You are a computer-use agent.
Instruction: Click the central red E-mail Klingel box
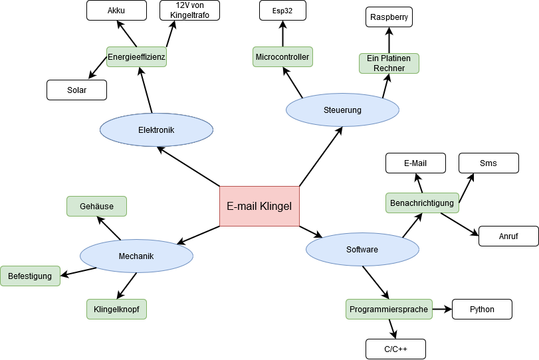259,206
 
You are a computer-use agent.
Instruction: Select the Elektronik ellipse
156,130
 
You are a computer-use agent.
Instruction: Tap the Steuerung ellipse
342,110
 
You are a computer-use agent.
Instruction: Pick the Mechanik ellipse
136,256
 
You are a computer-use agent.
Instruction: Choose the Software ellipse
362,249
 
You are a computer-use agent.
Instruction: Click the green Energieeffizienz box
136,57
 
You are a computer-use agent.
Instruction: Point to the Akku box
116,11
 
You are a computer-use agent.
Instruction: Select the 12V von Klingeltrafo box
189,11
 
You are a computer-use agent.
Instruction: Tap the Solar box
76,90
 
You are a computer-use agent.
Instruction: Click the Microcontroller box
282,57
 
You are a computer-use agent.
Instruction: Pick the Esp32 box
282,11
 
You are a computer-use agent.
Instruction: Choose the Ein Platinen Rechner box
389,63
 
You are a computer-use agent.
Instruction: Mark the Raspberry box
389,17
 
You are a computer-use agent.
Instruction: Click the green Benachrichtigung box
422,203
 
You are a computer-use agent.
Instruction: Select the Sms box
488,163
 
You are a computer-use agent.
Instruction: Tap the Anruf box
508,236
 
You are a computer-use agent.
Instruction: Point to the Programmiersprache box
389,309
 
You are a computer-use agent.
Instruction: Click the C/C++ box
395,349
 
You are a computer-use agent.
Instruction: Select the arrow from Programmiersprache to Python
442,309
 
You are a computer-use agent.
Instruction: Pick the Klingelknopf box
116,309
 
